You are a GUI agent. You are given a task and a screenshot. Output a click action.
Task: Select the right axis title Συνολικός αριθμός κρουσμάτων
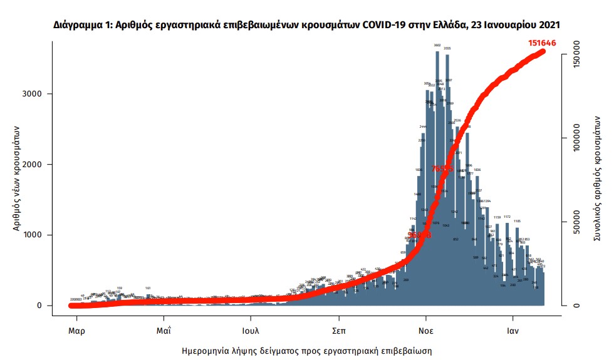[x=598, y=179]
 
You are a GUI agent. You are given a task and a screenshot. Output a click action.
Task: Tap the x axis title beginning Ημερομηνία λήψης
[x=306, y=351]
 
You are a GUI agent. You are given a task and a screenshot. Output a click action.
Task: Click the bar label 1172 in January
[x=507, y=217]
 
